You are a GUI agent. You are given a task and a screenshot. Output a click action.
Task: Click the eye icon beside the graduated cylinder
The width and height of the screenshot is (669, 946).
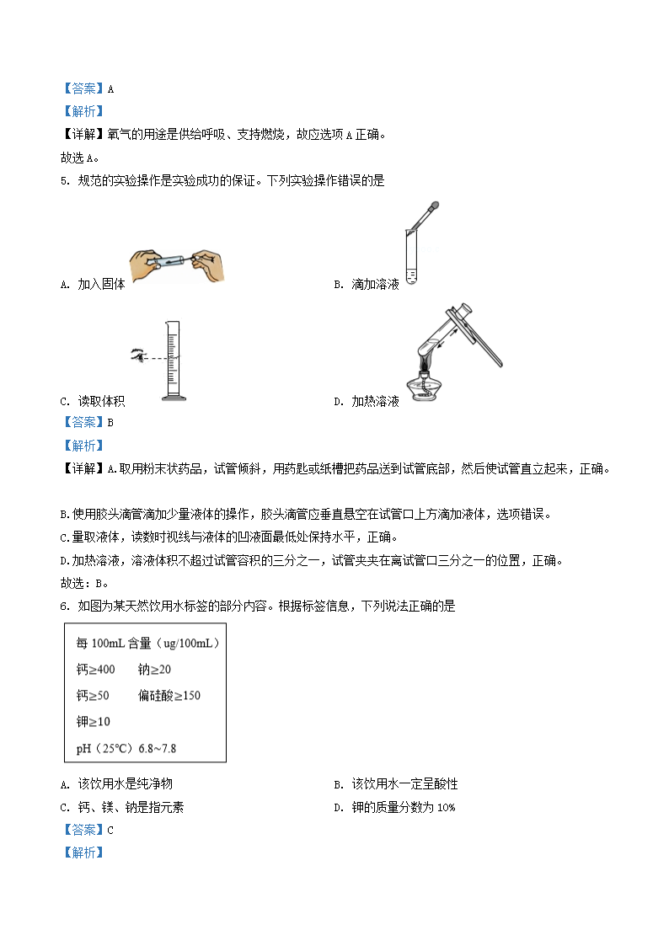point(136,356)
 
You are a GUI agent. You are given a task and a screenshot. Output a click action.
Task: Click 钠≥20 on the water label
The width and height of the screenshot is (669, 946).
point(155,669)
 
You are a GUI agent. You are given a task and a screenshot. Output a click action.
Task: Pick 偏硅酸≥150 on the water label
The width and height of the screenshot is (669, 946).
point(169,695)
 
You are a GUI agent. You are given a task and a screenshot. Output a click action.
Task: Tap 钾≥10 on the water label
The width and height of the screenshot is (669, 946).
point(93,721)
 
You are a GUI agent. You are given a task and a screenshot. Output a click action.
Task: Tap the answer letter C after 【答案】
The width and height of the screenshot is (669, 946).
point(110,830)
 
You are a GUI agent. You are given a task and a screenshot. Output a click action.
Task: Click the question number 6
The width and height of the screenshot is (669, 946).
point(65,606)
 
